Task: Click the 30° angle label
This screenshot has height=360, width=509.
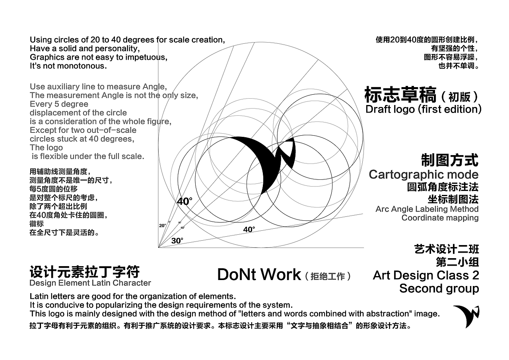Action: point(177,241)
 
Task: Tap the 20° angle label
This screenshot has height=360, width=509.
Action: point(163,226)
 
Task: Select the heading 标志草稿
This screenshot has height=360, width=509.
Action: point(400,95)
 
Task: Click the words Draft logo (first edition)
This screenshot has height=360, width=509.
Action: point(424,109)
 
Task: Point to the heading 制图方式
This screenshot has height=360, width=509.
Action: point(450,160)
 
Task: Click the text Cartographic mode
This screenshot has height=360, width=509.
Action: point(424,175)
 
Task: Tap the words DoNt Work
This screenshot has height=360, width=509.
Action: point(259,274)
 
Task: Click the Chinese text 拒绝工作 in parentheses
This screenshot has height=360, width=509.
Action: point(328,276)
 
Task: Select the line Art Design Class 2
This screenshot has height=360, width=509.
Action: point(426,275)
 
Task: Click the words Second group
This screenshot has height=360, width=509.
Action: point(439,289)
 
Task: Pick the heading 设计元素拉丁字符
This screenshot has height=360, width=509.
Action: point(85,272)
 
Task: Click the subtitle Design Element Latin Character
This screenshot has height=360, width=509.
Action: point(90,283)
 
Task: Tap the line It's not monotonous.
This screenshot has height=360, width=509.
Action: point(68,66)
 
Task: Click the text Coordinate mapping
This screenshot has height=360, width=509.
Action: point(440,218)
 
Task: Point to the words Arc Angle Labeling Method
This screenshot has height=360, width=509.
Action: point(427,209)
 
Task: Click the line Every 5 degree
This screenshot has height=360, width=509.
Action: point(59,104)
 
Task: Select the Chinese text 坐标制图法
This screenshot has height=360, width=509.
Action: point(453,199)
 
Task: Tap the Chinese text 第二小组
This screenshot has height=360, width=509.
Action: point(457,262)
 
